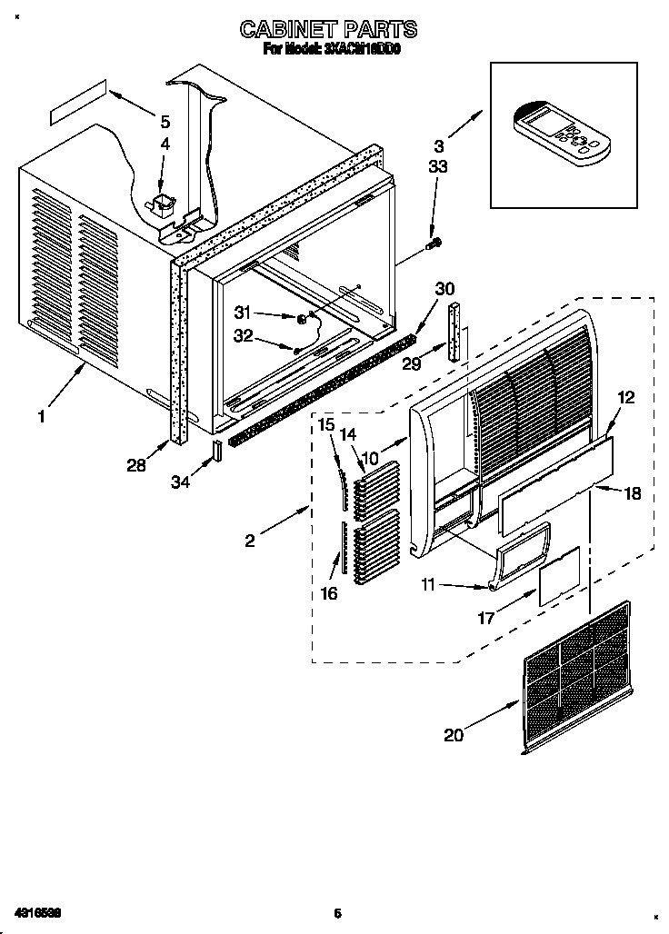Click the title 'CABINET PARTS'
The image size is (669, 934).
(x=328, y=30)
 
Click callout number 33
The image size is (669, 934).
(x=438, y=167)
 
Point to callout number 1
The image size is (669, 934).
(x=41, y=416)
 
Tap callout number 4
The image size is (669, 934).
(x=165, y=144)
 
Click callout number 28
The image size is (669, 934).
(x=136, y=465)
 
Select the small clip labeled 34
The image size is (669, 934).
(x=217, y=452)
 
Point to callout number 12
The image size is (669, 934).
(x=626, y=397)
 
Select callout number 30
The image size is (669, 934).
(x=444, y=288)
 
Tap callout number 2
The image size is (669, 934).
(x=250, y=541)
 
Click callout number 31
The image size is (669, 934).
(x=241, y=312)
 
